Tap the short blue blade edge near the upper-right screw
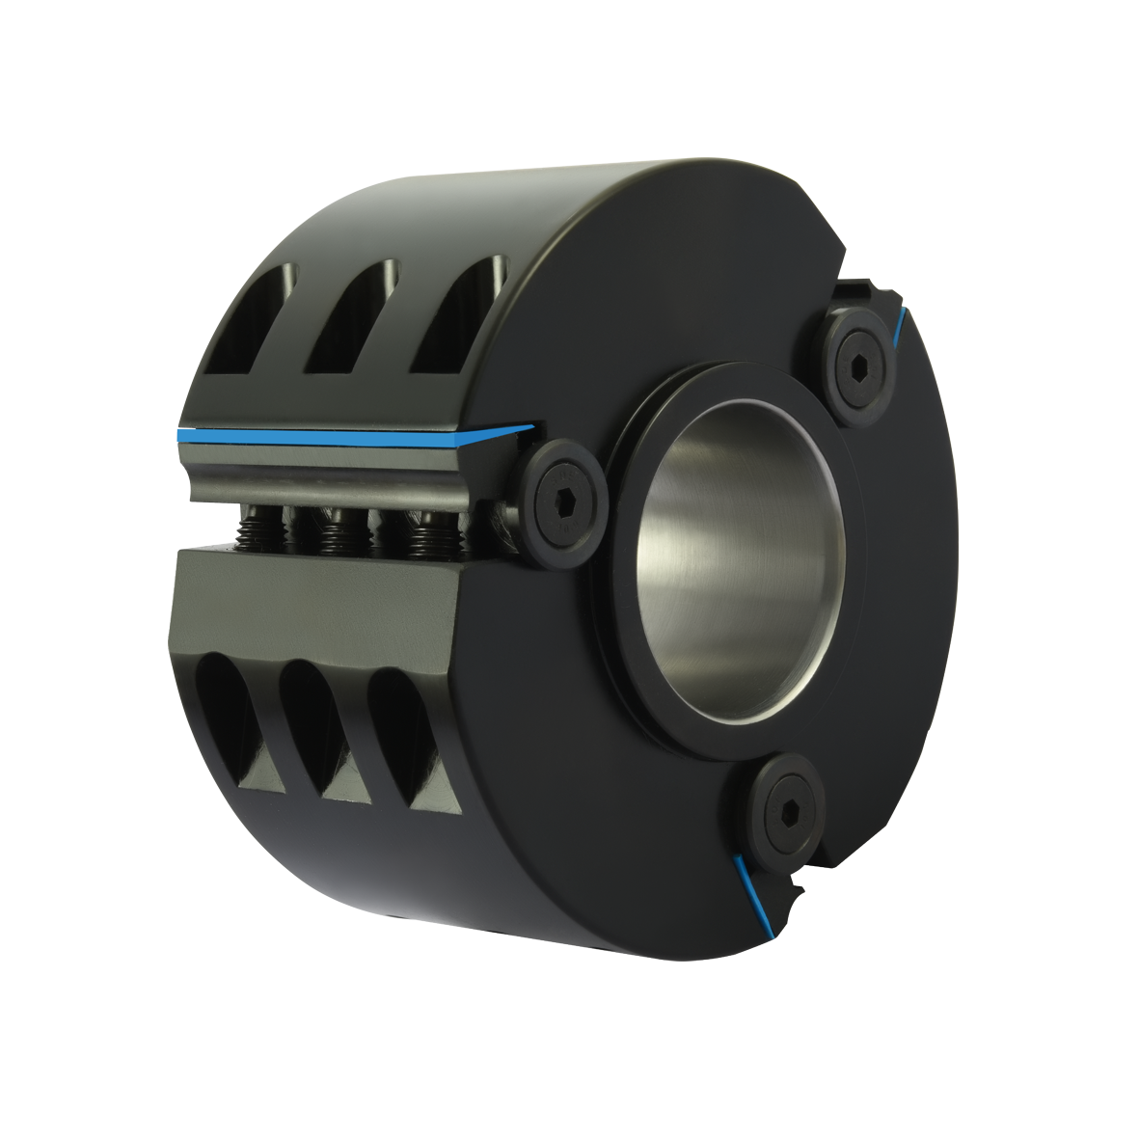click(x=901, y=326)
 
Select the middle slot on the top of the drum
click(x=352, y=323)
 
